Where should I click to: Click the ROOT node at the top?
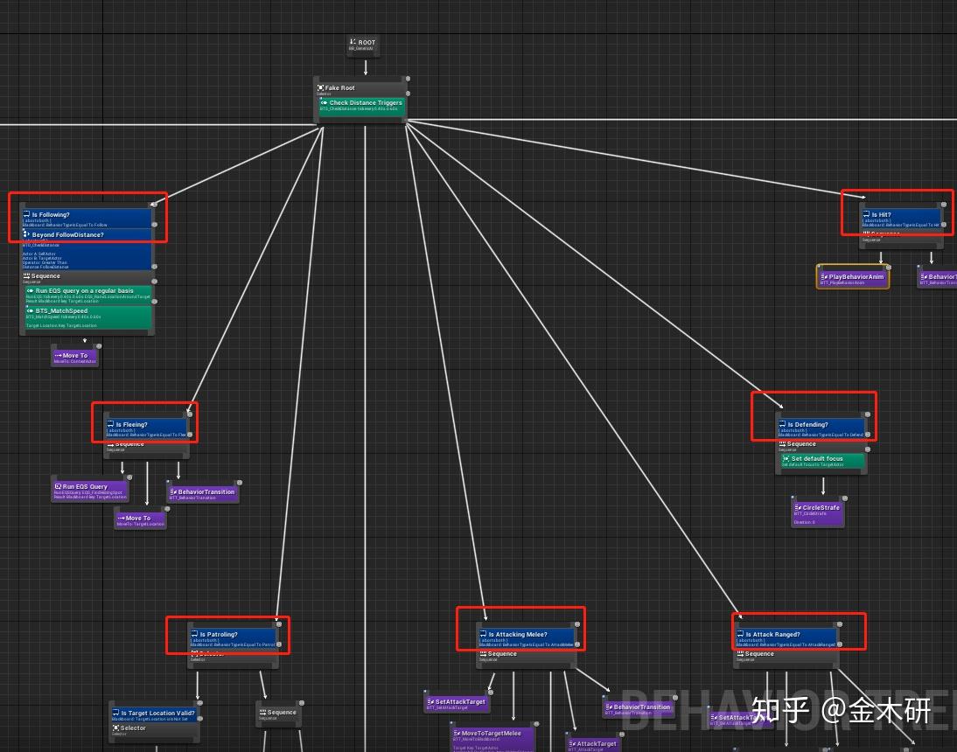pyautogui.click(x=361, y=45)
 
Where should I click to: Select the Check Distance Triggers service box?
pyautogui.click(x=361, y=105)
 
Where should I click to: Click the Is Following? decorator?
pyautogui.click(x=87, y=219)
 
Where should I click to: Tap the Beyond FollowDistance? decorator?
pyautogui.click(x=87, y=235)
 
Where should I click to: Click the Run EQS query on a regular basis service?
pyautogui.click(x=87, y=294)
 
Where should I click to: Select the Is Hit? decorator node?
pyautogui.click(x=901, y=219)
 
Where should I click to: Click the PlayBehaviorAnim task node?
pyautogui.click(x=853, y=278)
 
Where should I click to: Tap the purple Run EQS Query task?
pyautogui.click(x=90, y=491)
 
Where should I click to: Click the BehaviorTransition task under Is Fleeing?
pyautogui.click(x=202, y=494)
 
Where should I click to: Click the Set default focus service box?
pyautogui.click(x=821, y=461)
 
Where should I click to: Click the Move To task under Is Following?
pyautogui.click(x=74, y=357)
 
